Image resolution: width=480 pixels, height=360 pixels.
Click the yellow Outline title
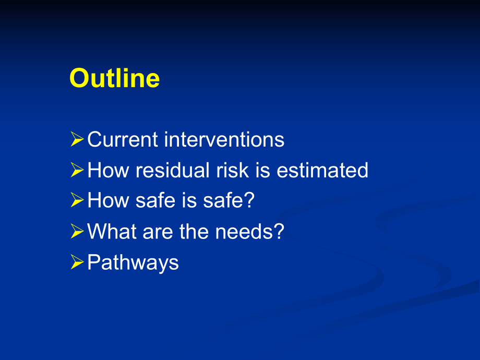click(x=114, y=78)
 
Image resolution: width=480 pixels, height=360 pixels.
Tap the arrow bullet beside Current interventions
click(x=77, y=139)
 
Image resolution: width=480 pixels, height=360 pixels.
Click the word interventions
click(x=224, y=140)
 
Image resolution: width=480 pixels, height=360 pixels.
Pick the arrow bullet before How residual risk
click(x=77, y=170)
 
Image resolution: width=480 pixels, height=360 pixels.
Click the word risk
click(x=232, y=170)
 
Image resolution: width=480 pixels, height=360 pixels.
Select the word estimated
click(x=322, y=170)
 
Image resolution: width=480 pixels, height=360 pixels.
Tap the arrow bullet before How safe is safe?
click(x=77, y=200)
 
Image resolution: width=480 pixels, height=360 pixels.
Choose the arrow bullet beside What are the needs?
click(x=77, y=231)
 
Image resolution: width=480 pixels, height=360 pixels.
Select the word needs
click(x=244, y=232)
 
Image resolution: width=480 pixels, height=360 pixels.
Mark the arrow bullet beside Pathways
click(x=77, y=262)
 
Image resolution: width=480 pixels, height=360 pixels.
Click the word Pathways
click(x=133, y=262)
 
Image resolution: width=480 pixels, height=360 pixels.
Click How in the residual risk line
click(x=109, y=170)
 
